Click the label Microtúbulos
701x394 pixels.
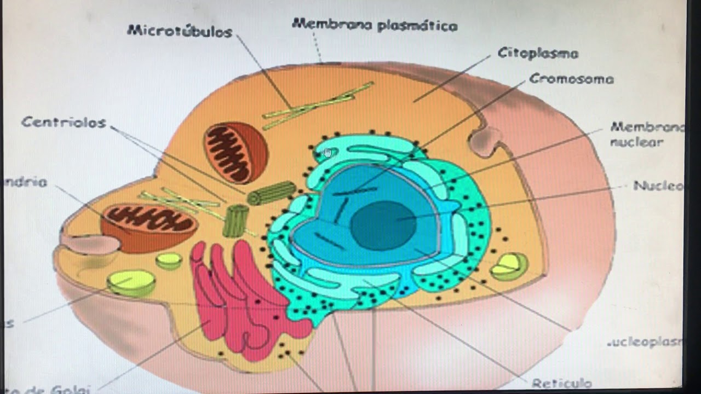pos(180,31)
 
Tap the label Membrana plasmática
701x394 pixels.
pos(375,25)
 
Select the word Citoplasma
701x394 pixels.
pos(538,53)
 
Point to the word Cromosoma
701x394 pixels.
pos(571,79)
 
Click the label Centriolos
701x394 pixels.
pos(64,122)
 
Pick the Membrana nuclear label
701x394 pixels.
pos(646,135)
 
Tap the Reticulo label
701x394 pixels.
pos(561,383)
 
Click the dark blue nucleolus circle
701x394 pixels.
pos(383,225)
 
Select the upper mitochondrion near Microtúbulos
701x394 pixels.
pos(236,152)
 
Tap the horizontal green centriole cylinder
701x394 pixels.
pos(272,193)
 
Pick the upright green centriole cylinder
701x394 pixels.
pos(236,221)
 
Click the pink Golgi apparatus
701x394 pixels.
pos(241,301)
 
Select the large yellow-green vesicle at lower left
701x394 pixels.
pos(131,283)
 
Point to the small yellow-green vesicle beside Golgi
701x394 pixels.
pos(169,260)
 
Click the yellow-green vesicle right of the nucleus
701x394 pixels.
pos(509,266)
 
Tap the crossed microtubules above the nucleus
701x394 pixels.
pos(318,105)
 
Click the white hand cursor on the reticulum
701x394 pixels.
pos(328,153)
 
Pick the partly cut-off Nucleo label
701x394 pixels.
pos(658,186)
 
